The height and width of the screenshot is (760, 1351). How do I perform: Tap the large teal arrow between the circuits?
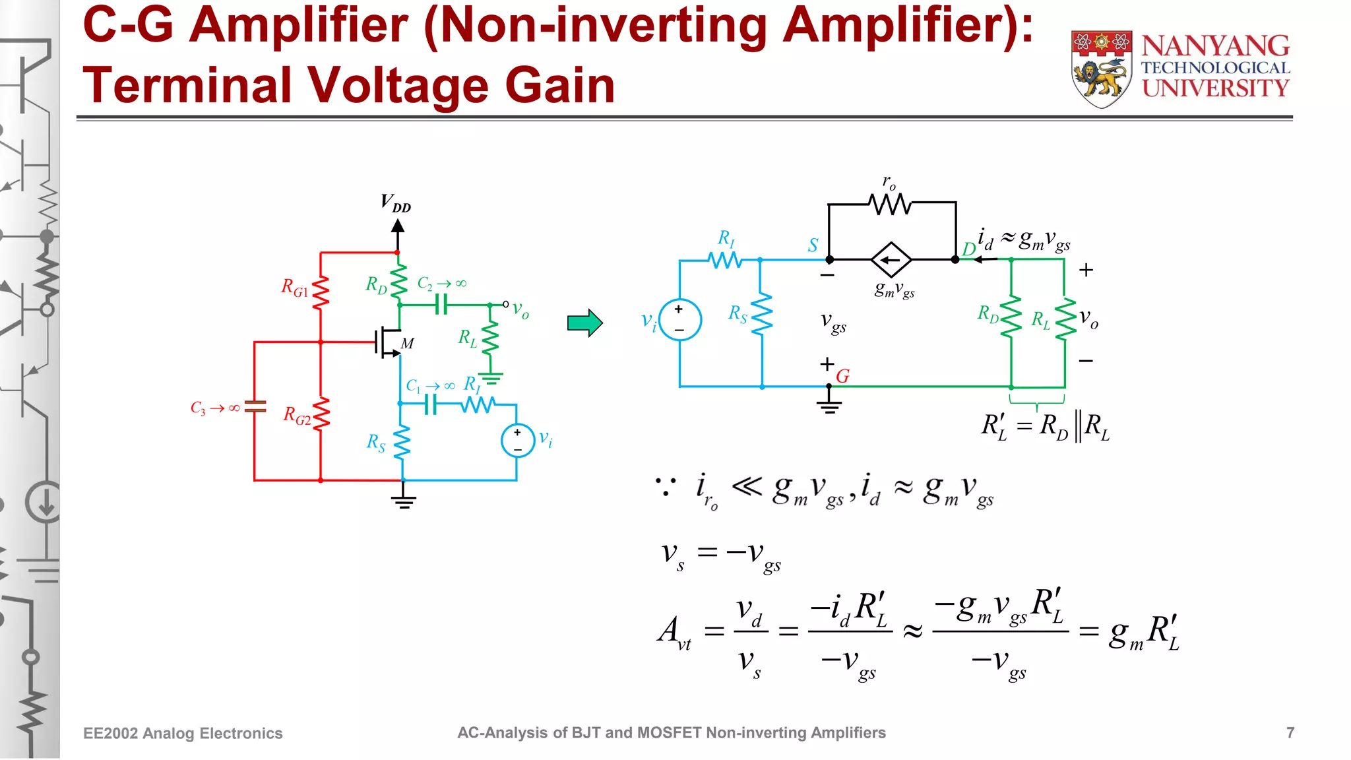tap(584, 323)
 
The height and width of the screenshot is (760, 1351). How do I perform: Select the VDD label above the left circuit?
tap(396, 203)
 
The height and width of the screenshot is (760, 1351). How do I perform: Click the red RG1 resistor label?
tap(294, 288)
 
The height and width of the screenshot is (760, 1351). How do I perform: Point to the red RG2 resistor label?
tap(297, 416)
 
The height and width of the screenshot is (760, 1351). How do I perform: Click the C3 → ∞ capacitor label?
tap(215, 408)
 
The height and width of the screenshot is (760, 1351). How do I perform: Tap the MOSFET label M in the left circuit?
tap(408, 344)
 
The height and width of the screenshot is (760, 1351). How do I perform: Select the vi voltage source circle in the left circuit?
tap(518, 441)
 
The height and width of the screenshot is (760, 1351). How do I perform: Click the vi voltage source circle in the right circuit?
tap(679, 320)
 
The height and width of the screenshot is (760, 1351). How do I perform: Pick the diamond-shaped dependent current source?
tap(891, 260)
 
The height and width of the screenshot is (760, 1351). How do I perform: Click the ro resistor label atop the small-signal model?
tap(889, 182)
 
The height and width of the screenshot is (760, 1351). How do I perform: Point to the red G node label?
tap(842, 376)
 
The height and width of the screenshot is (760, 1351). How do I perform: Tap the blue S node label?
tap(813, 245)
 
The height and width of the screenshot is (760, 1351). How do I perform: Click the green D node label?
tap(968, 249)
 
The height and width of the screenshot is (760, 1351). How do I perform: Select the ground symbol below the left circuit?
tap(404, 502)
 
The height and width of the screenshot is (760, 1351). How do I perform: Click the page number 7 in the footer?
tap(1290, 733)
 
